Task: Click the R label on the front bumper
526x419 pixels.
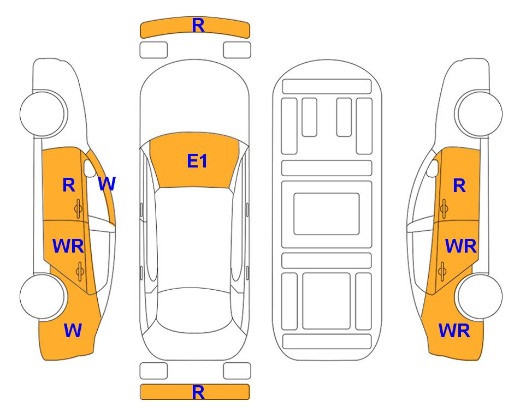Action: coord(198,26)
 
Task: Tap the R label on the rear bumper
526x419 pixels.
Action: coord(198,392)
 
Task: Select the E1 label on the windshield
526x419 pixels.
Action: coord(197,161)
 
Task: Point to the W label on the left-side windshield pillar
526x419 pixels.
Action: coord(107,184)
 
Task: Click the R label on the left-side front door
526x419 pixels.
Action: coord(69,185)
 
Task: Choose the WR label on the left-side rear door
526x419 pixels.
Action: coord(68,246)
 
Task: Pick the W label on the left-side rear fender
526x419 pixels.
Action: coord(73,331)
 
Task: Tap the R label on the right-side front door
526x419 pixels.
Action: coord(459,185)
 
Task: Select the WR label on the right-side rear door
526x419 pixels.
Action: coord(460,247)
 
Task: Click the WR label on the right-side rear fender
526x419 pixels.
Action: coord(454,331)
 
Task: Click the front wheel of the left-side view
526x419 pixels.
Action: coord(42,113)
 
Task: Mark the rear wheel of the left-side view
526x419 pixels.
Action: coord(42,296)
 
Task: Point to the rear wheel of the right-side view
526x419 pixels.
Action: coord(480,296)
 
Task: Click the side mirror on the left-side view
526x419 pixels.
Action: coord(89,168)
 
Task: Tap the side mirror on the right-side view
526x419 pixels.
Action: coord(433,168)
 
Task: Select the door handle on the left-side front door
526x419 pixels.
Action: coord(79,208)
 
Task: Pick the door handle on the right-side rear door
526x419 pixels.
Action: coord(442,271)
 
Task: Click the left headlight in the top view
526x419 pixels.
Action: coord(153,50)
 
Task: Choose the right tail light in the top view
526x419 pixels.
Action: coord(237,371)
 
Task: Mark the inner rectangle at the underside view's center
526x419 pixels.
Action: coord(327,214)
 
